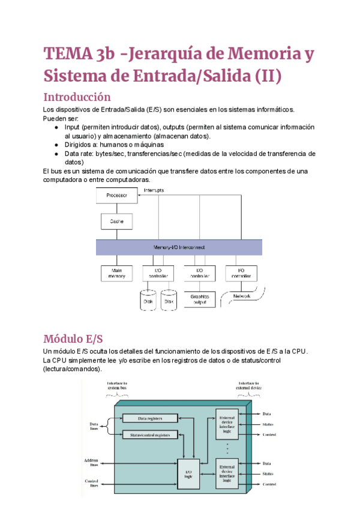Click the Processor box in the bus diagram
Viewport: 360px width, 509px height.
(117, 196)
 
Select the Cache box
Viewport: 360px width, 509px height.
(117, 221)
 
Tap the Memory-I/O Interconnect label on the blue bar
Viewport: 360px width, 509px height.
(179, 247)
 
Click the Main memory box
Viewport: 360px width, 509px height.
(117, 273)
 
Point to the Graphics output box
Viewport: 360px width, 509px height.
(199, 299)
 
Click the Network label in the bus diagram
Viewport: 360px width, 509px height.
(241, 296)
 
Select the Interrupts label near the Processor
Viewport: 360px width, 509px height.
(154, 190)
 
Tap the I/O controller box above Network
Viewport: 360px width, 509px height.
(241, 273)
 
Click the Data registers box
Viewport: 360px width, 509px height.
(150, 418)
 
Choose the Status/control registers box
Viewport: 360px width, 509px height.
(150, 434)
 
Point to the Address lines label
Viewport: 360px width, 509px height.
(91, 463)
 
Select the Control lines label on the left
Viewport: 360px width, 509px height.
(91, 483)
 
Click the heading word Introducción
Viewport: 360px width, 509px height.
(77, 97)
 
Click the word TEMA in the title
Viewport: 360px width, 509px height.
(67, 54)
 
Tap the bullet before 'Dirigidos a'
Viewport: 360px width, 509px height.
(56, 145)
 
